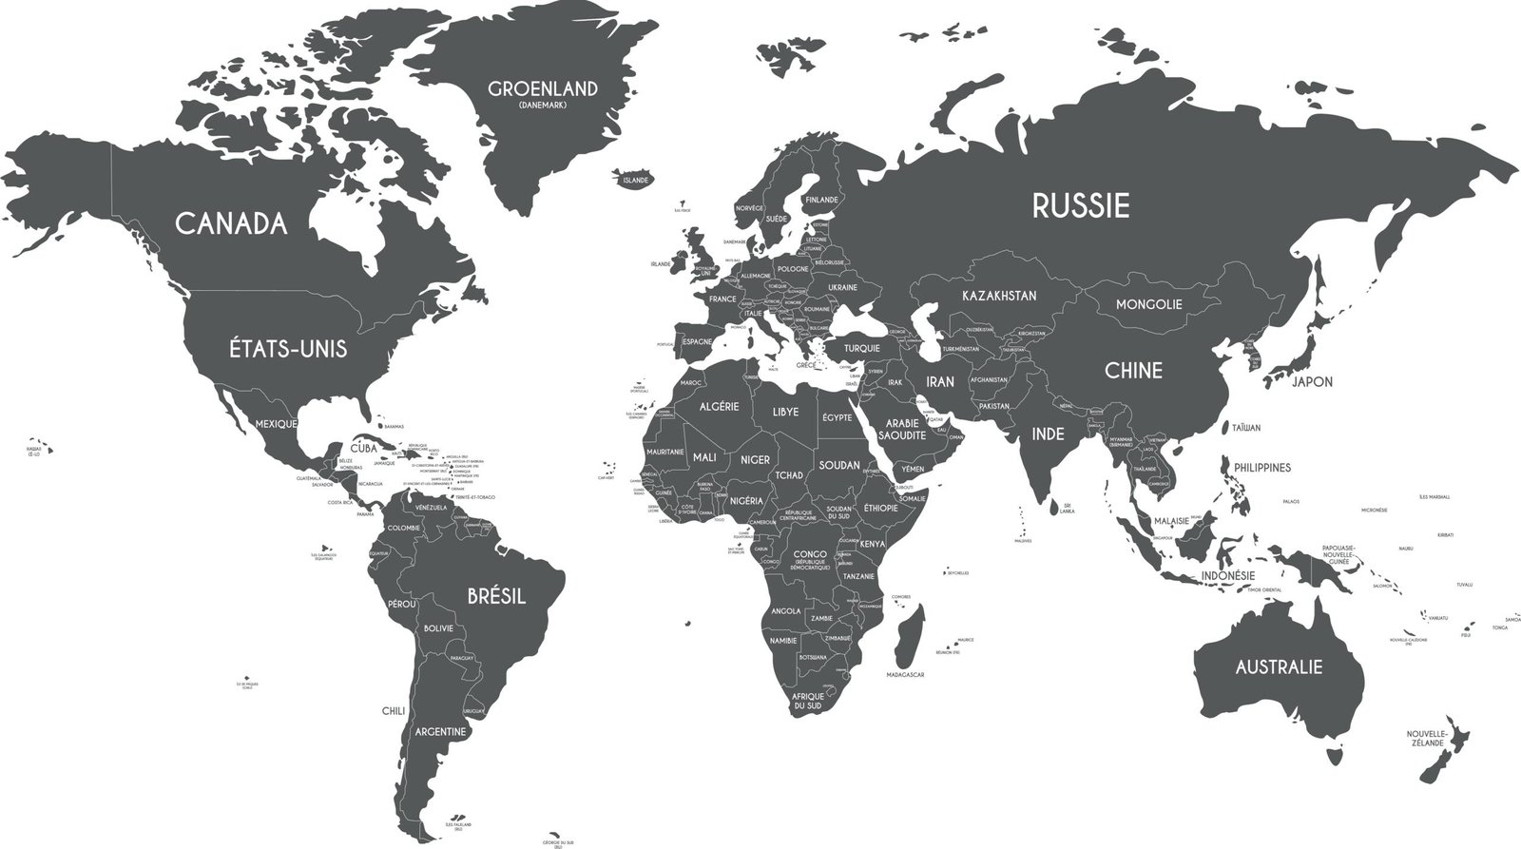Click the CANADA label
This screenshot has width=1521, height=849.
(231, 223)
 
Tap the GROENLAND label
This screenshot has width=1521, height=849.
(543, 89)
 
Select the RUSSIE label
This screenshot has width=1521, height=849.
(1081, 205)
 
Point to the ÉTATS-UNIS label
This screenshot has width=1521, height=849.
(288, 349)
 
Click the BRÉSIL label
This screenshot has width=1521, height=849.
(496, 596)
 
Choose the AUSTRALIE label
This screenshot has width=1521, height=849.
(1278, 666)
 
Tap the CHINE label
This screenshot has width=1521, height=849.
(1133, 370)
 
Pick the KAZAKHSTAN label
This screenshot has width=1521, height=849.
(998, 296)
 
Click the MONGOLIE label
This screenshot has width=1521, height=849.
(1148, 304)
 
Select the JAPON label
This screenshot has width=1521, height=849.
(1312, 382)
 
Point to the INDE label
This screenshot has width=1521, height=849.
(1048, 434)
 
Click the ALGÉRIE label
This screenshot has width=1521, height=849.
(719, 406)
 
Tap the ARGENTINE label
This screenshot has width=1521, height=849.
(440, 732)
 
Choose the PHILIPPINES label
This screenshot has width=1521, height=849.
(1262, 468)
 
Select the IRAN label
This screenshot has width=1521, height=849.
(939, 381)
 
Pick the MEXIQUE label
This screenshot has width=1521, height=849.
(278, 423)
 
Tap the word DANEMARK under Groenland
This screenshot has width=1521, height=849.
(543, 105)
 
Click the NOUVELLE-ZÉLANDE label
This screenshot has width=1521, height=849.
(1426, 739)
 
